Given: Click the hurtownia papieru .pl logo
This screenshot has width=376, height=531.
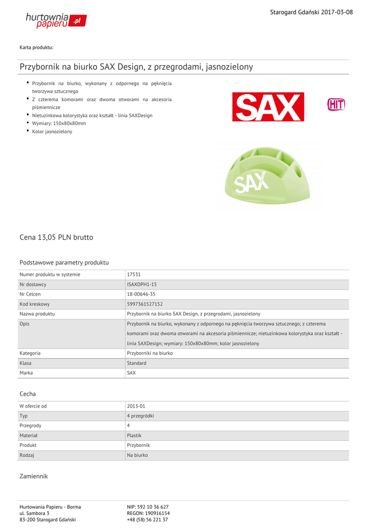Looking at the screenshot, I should point(56,20).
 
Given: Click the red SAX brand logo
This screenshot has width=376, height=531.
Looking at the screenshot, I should point(268,107).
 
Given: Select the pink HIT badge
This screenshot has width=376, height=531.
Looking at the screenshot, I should point(336,105).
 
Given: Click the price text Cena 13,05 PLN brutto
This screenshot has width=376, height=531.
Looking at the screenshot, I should point(56,237).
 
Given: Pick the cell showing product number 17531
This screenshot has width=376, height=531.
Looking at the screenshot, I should point(134,275).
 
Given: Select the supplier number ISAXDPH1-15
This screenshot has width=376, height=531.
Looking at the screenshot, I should point(142,285).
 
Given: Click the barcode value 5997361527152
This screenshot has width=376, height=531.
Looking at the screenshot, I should point(145,304).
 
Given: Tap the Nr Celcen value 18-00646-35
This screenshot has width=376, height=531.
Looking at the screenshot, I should point(141,295).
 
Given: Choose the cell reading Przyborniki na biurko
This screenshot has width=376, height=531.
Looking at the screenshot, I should point(150,353).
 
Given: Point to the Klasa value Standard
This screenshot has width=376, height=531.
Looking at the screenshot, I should point(136,364).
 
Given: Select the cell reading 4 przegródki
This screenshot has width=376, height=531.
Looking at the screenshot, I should point(140,416).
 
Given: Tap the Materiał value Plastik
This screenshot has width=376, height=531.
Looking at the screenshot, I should point(134,436).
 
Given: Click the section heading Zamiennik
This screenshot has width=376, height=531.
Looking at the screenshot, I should point(33,476).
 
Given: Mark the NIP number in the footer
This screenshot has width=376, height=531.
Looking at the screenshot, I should point(148,507).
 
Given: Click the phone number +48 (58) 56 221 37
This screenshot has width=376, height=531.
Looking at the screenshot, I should point(147,520).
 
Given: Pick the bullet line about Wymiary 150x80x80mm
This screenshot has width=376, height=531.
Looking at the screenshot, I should point(59,123).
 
